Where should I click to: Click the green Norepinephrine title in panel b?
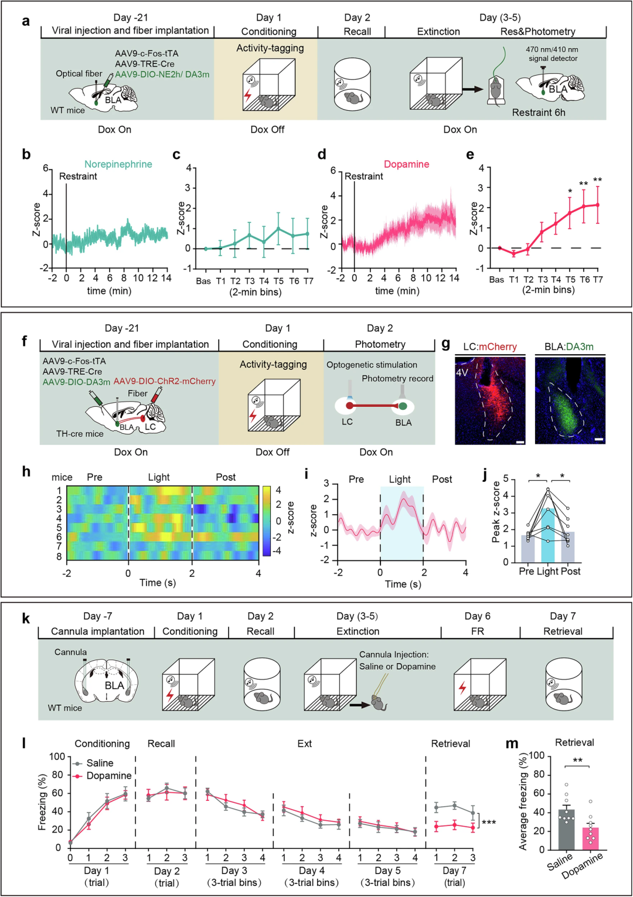click(x=118, y=164)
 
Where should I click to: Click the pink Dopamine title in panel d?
click(x=406, y=164)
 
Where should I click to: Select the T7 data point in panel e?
click(x=598, y=205)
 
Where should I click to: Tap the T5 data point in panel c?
click(x=278, y=229)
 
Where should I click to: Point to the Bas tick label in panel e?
click(x=496, y=280)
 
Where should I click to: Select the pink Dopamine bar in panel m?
click(x=591, y=838)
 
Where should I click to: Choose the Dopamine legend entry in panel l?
click(x=103, y=776)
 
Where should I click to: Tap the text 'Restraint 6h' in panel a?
click(x=539, y=113)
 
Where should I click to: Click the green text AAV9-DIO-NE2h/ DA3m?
click(x=162, y=74)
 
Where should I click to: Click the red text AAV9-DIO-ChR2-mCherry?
click(x=165, y=381)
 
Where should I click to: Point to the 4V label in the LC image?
click(x=462, y=372)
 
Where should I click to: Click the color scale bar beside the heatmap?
click(x=267, y=521)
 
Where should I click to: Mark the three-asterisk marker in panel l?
click(x=489, y=822)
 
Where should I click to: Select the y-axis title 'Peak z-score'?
click(x=496, y=512)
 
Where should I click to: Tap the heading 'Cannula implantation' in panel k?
click(x=98, y=631)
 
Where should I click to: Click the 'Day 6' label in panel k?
click(x=477, y=616)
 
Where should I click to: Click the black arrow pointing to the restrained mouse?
click(x=472, y=89)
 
